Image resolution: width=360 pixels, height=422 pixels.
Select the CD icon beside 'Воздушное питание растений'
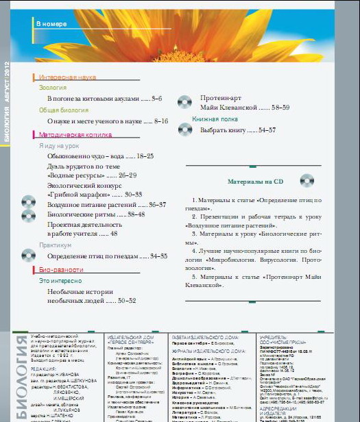click(28, 203)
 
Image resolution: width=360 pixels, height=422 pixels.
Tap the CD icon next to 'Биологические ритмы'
click(28, 215)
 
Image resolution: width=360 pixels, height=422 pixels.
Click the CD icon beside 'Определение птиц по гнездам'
click(28, 256)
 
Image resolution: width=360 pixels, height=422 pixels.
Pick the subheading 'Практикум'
click(55, 245)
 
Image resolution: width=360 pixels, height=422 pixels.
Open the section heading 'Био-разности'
click(62, 270)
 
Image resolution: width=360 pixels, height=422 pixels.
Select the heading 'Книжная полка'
click(215, 119)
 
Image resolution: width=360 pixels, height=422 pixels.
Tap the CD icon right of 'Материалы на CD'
click(308, 181)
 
